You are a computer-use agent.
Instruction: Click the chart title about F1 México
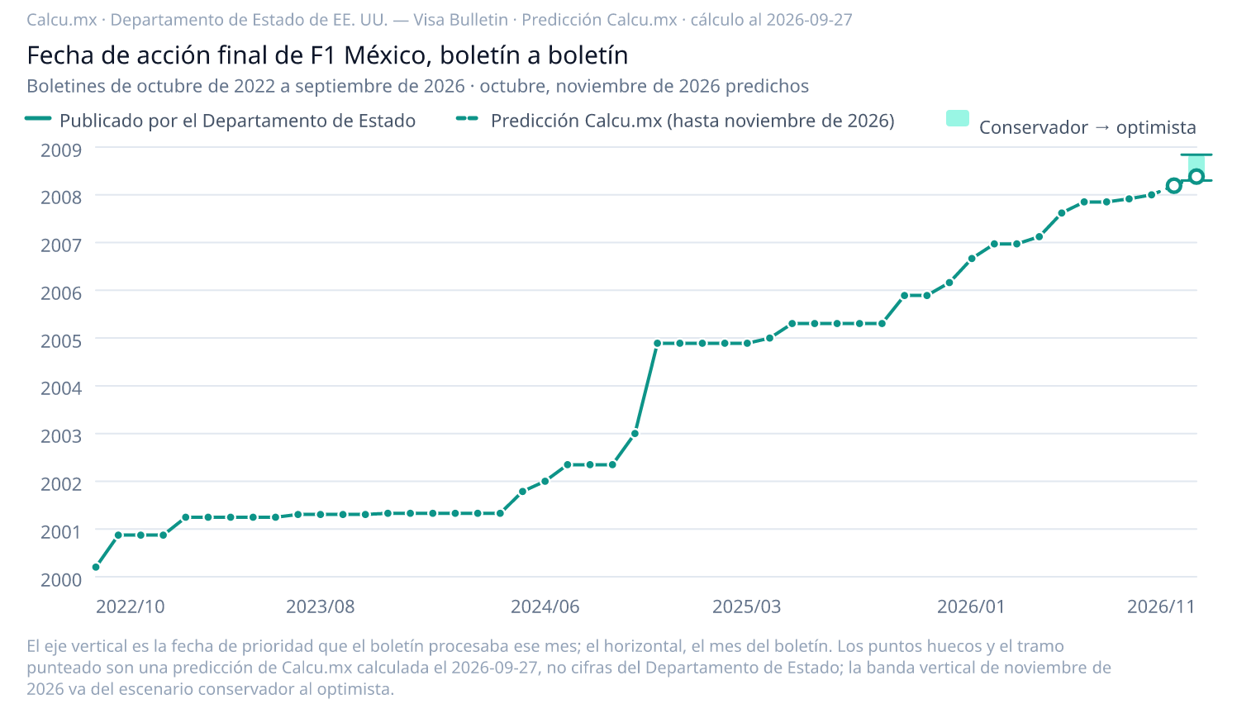pos(327,55)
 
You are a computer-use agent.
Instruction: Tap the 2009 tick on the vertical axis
pos(61,150)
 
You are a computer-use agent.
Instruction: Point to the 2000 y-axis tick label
pos(61,579)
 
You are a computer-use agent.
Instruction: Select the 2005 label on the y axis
pos(61,340)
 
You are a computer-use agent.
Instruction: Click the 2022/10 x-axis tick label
pos(130,606)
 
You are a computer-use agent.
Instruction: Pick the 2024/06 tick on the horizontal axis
pos(545,606)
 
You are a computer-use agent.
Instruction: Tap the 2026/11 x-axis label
pos(1161,606)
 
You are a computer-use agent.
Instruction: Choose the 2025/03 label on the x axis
pos(746,606)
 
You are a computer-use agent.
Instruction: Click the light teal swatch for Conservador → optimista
pos(958,118)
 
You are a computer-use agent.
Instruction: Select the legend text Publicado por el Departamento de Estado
pos(237,121)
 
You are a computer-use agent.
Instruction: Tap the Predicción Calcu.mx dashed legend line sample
pos(467,119)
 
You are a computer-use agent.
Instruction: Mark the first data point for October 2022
pos(96,567)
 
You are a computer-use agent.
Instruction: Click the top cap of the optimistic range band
pos(1197,155)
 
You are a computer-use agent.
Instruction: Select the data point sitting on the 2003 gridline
pos(635,433)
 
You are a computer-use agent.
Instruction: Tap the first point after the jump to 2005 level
pos(657,343)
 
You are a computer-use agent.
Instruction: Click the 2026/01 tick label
pos(971,606)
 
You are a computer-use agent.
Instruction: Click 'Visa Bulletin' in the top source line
pos(461,20)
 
